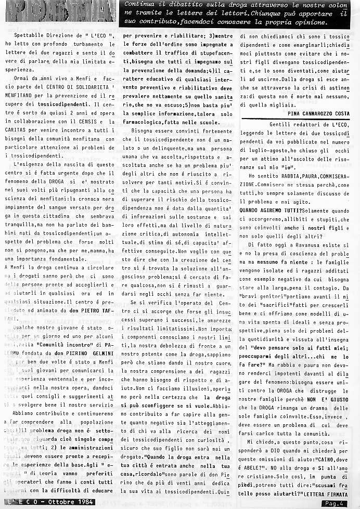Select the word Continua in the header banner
coord(136,5)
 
